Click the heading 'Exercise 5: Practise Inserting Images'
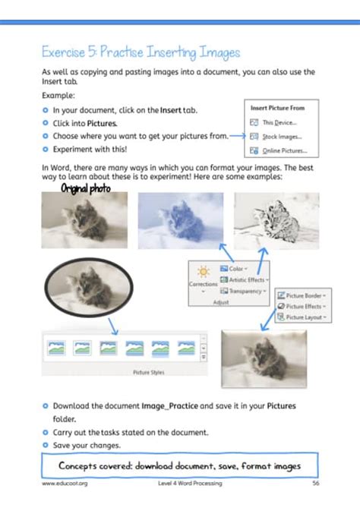pos(141,52)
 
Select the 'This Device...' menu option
pos(279,121)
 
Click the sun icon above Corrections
pos(203,271)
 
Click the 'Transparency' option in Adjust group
pos(242,291)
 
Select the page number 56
pos(314,483)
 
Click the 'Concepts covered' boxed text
pos(180,465)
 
